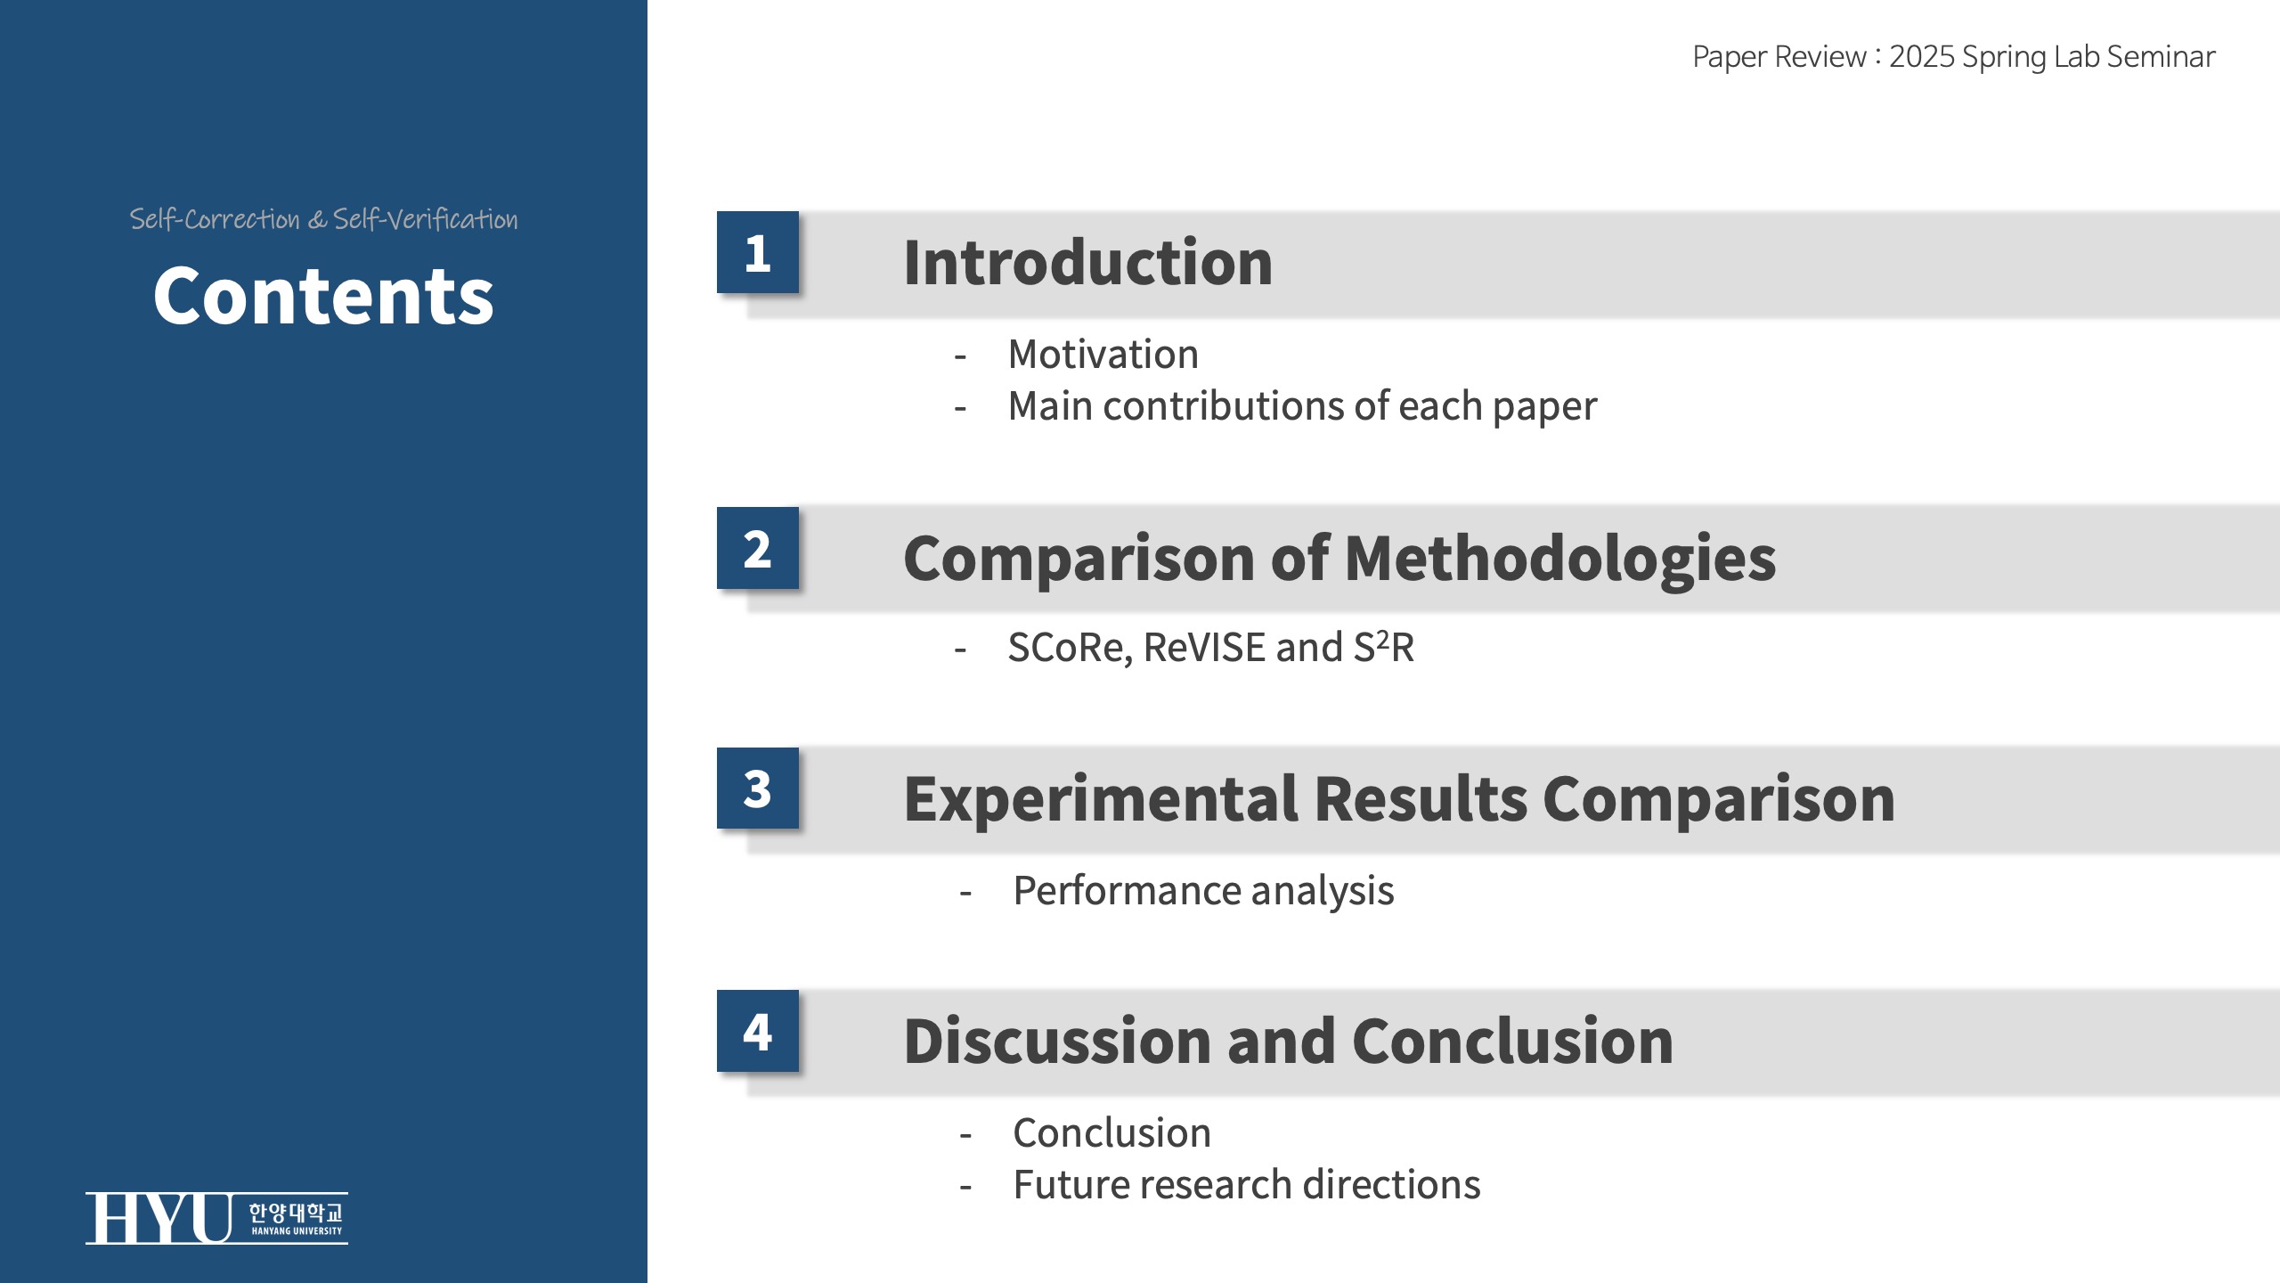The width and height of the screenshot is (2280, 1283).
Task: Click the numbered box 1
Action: click(x=758, y=252)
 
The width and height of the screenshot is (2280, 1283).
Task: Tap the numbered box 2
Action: click(x=758, y=548)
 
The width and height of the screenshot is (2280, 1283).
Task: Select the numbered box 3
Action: click(x=758, y=789)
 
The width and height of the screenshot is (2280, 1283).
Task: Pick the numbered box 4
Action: click(x=758, y=1031)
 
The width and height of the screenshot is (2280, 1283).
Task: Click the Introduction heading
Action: click(x=1088, y=263)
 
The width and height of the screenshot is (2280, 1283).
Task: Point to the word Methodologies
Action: click(x=1560, y=559)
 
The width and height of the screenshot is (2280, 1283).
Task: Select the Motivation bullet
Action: click(x=1103, y=355)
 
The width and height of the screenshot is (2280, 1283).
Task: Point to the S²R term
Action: click(x=1384, y=647)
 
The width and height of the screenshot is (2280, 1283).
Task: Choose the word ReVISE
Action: click(x=1204, y=648)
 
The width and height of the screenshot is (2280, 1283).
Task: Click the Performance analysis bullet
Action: click(x=1204, y=891)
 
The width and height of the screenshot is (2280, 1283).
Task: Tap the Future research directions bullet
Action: click(x=1247, y=1185)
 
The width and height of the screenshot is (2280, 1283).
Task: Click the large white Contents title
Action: click(x=323, y=296)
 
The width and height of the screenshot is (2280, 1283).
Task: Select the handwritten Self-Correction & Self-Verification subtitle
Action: click(x=323, y=219)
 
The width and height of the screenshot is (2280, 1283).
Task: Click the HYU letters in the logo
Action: click(x=159, y=1218)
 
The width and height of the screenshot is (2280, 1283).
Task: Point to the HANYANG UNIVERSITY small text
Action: click(x=297, y=1231)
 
